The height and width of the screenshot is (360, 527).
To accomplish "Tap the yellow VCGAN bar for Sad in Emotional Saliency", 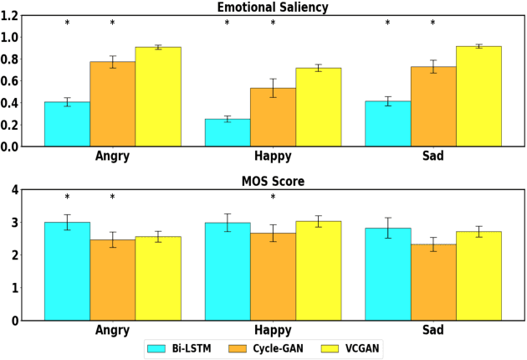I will (x=478, y=96).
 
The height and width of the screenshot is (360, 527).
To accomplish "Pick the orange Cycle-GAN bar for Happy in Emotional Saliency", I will (x=273, y=117).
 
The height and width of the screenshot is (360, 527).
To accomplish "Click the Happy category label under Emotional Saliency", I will (x=273, y=157).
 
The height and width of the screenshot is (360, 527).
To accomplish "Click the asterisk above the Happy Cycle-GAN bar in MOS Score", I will (x=273, y=198).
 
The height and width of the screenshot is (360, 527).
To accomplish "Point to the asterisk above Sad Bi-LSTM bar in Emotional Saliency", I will (x=387, y=23).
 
